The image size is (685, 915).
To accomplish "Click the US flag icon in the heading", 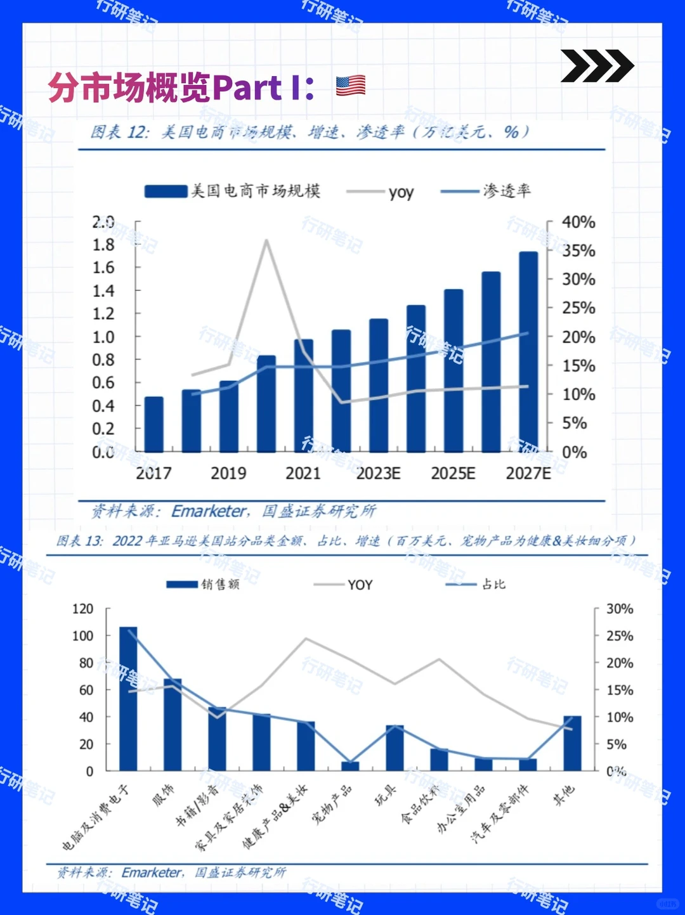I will (x=351, y=86).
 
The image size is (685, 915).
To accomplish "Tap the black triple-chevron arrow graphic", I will (x=597, y=66).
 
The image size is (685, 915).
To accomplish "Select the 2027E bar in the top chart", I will (x=528, y=352).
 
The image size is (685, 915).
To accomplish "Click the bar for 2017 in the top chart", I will (x=154, y=424).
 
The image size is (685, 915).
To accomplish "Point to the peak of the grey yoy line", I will (x=266, y=240).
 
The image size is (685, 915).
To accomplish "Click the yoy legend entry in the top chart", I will (x=381, y=191).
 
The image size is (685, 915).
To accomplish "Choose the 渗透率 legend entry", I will (x=486, y=191).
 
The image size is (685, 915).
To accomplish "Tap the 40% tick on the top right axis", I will (x=578, y=223).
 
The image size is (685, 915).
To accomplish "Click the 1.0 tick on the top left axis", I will (x=103, y=337).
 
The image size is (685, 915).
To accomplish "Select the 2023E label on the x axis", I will (x=378, y=474).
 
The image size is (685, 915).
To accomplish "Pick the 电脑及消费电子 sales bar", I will (x=128, y=699).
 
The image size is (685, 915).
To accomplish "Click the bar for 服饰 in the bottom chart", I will (x=173, y=725).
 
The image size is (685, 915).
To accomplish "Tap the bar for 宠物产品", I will (x=350, y=766).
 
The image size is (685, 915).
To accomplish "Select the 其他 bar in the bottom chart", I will (x=572, y=743).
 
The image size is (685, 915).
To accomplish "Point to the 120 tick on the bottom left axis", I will (x=82, y=609).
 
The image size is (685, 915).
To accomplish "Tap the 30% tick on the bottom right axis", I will (x=619, y=609).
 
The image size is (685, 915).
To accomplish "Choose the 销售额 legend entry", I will (x=204, y=584).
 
